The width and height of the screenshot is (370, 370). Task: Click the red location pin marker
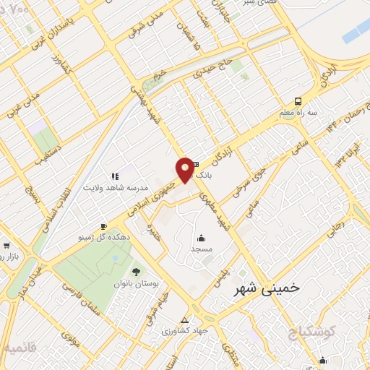coord(186,169)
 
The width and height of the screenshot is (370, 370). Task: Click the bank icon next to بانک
coord(194,165)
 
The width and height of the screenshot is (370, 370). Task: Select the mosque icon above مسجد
coord(200,238)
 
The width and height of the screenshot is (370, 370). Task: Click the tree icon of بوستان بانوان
coord(135,272)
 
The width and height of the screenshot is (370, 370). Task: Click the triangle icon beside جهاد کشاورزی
coord(184,320)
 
